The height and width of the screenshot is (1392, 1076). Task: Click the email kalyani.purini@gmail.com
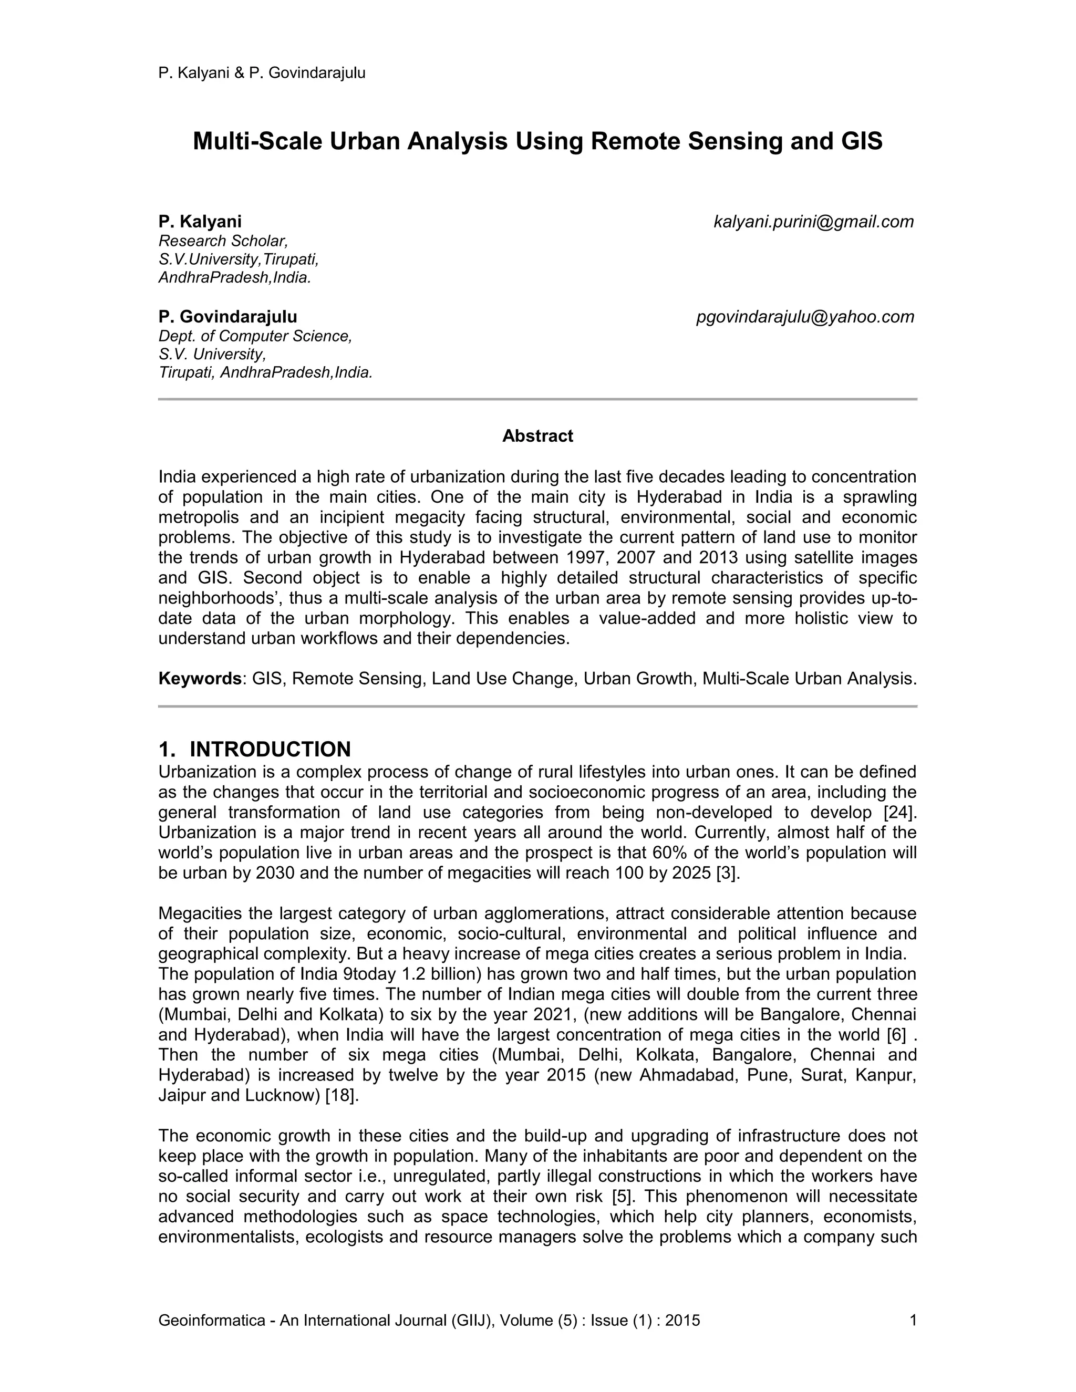(x=813, y=222)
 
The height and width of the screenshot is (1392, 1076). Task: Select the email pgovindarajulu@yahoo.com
(x=805, y=317)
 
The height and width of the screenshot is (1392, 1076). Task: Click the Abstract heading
(x=537, y=436)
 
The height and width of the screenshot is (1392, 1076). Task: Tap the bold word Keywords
(x=200, y=679)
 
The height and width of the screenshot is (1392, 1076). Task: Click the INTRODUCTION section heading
(x=270, y=749)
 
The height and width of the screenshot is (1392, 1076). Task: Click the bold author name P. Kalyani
(x=200, y=222)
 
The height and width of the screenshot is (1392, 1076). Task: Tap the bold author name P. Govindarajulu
(x=227, y=317)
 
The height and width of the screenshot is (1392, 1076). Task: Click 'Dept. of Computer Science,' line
(x=255, y=336)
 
